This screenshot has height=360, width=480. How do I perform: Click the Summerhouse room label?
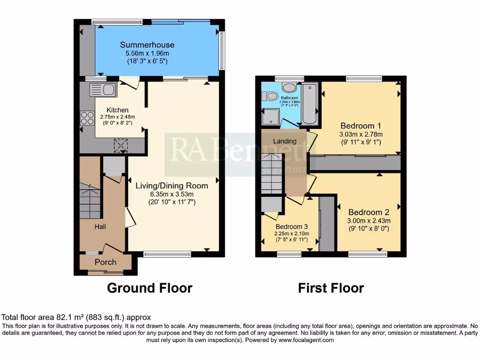147,45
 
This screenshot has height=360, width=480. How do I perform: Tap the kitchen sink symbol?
102,89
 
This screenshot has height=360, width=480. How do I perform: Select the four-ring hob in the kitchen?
87,118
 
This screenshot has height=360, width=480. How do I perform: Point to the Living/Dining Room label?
172,186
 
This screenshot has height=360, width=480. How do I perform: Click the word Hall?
100,226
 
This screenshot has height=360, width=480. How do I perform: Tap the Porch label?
105,262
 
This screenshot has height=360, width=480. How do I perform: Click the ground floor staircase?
90,201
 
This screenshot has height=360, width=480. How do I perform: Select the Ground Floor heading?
150,287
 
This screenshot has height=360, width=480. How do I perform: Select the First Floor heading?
330,287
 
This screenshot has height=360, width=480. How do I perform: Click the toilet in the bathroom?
270,96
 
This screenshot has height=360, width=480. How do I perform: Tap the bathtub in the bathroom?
310,104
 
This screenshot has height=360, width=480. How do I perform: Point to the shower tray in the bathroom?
271,118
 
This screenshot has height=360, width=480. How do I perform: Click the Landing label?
285,141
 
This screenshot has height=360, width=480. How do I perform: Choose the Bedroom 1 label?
360,126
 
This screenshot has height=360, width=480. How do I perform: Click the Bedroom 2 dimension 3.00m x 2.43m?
368,221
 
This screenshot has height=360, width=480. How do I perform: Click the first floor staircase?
272,173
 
